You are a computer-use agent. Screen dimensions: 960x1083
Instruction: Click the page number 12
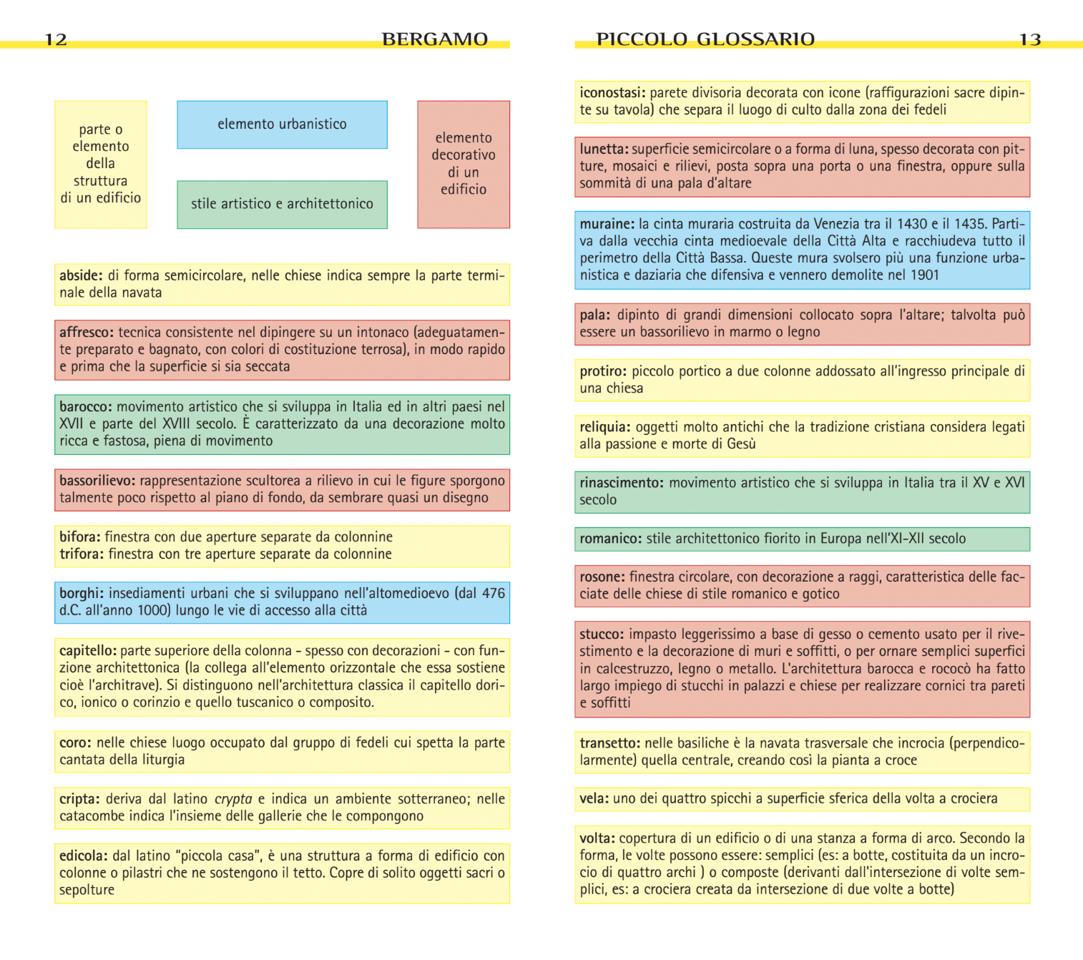pyautogui.click(x=56, y=39)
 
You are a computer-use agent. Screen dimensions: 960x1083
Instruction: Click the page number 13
pyautogui.click(x=1029, y=39)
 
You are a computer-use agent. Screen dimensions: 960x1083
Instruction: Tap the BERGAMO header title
pyautogui.click(x=434, y=39)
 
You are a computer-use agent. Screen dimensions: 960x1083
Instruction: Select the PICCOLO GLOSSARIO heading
pyautogui.click(x=705, y=39)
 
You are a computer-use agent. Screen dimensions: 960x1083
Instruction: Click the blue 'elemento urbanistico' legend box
pyautogui.click(x=282, y=124)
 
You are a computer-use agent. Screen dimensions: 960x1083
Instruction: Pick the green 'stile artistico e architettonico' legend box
pyautogui.click(x=282, y=204)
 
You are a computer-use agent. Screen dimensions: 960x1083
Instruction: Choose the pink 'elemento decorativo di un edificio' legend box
pyautogui.click(x=464, y=164)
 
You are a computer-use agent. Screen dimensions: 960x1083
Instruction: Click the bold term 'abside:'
pyautogui.click(x=81, y=275)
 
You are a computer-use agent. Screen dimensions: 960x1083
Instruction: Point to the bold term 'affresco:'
pyautogui.click(x=87, y=332)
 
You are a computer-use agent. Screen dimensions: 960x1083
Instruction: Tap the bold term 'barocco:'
pyautogui.click(x=86, y=406)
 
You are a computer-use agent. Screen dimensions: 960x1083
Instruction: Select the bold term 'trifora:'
pyautogui.click(x=82, y=554)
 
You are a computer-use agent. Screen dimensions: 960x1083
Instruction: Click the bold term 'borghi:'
pyautogui.click(x=82, y=593)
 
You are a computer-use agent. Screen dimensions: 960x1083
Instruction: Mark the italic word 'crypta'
pyautogui.click(x=233, y=799)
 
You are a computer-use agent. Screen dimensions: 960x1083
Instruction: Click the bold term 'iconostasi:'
pyautogui.click(x=612, y=92)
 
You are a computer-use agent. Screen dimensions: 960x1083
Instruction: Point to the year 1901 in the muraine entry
pyautogui.click(x=924, y=275)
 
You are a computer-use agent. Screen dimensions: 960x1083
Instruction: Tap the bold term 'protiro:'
pyautogui.click(x=603, y=371)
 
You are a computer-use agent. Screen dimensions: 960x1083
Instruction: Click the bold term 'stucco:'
pyautogui.click(x=602, y=634)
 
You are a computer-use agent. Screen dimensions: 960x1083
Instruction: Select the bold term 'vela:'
pyautogui.click(x=594, y=798)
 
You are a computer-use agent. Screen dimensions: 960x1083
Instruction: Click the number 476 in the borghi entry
pyautogui.click(x=493, y=593)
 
